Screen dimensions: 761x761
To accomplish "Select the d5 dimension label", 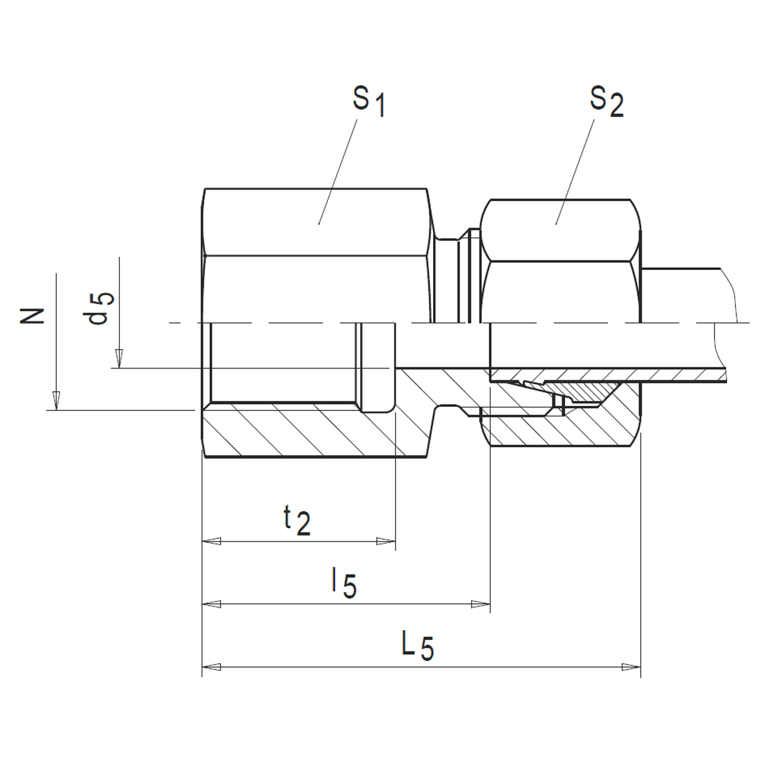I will point(102,308).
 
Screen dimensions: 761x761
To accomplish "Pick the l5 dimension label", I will point(343,583).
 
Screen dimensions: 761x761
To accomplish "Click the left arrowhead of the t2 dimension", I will point(211,541).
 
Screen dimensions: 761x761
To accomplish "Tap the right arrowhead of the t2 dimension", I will point(386,541).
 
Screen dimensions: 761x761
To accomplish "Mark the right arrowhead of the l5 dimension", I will point(481,604).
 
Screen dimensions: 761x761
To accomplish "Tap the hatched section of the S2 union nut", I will point(580,429).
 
